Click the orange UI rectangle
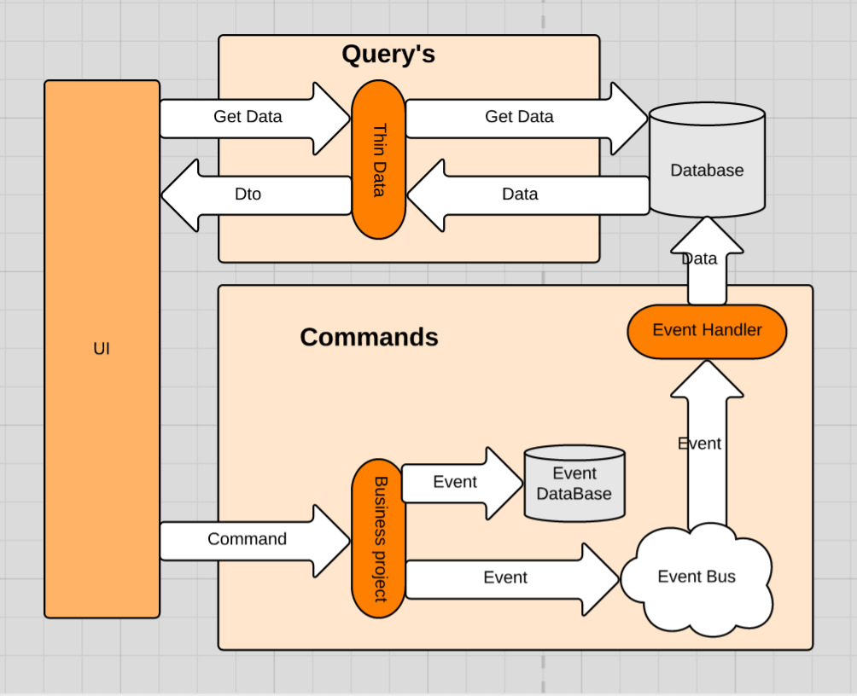pos(102,349)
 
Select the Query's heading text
pos(388,55)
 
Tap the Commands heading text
pos(369,337)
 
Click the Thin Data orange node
pos(379,159)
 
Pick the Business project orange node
pos(379,539)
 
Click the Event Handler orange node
pos(708,332)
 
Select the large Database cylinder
pos(708,159)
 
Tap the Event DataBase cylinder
pos(574,484)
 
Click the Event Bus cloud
pos(697,580)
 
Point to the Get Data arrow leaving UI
pos(255,118)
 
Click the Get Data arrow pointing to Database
pos(527,118)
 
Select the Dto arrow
pos(256,195)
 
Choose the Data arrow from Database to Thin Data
pos(528,195)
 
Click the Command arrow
pos(255,541)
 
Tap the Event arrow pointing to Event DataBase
pos(463,483)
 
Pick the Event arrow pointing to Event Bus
pos(513,580)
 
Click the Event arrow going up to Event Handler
pos(708,445)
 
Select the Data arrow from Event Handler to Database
pos(708,261)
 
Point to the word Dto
pos(248,194)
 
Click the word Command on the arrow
pos(247,539)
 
